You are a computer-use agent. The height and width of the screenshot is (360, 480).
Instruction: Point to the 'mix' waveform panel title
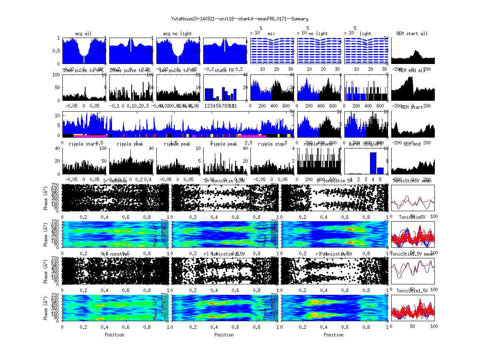272,34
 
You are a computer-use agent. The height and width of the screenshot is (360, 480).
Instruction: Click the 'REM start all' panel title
412,34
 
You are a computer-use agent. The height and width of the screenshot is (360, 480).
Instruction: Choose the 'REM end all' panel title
412,70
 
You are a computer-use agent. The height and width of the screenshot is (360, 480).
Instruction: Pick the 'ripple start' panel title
83,144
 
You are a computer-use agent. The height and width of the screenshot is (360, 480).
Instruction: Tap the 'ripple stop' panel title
271,144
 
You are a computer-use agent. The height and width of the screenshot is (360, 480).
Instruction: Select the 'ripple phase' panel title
318,144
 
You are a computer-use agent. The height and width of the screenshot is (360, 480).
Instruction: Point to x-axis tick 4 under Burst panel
373,180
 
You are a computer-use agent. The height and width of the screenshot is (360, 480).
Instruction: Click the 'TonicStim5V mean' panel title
412,181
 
